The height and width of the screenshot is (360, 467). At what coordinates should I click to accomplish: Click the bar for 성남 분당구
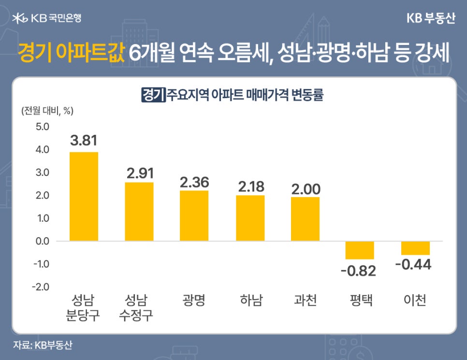(x=84, y=196)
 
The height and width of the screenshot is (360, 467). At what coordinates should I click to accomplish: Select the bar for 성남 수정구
(x=139, y=211)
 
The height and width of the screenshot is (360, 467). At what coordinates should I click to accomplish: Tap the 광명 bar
(x=194, y=216)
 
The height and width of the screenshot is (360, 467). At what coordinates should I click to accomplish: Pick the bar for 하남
(x=250, y=218)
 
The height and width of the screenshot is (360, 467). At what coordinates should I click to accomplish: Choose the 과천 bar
(x=305, y=219)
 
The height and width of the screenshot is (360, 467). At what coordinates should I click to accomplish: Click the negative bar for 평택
(x=360, y=250)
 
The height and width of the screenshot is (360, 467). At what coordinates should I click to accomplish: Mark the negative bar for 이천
(x=415, y=248)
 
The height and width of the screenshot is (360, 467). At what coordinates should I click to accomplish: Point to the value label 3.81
(x=84, y=140)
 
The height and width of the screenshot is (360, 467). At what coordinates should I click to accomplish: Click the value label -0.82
(x=358, y=271)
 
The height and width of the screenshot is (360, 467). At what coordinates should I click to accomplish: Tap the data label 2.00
(x=306, y=189)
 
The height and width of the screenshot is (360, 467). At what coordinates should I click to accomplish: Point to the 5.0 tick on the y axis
(x=41, y=127)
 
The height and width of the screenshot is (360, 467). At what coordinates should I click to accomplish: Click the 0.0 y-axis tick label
(x=41, y=241)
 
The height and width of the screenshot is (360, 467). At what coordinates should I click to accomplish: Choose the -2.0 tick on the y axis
(x=40, y=287)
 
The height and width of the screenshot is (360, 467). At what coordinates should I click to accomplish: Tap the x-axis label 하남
(x=250, y=301)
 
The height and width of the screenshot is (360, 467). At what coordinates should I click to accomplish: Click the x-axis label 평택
(x=361, y=301)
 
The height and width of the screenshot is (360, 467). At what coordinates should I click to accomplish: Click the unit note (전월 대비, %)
(x=46, y=111)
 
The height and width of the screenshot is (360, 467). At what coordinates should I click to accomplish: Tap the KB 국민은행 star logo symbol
(x=20, y=19)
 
